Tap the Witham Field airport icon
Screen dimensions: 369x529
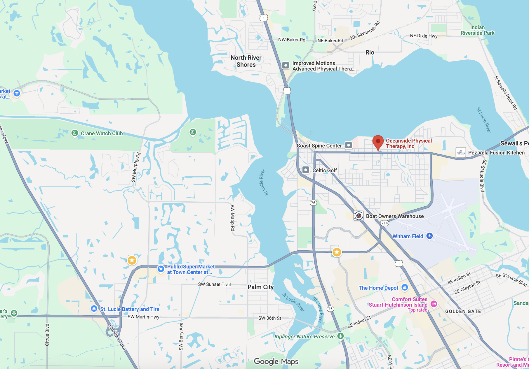[x=429, y=236]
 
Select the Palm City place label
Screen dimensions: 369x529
[x=260, y=287]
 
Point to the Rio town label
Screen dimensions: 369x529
[x=370, y=52]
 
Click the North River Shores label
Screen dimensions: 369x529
[x=246, y=61]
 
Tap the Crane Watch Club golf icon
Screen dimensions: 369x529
[x=75, y=133]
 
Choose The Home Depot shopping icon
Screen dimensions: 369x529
[x=405, y=287]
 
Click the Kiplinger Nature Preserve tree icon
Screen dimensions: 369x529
[x=340, y=336]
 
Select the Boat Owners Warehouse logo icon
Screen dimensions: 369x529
[x=359, y=216]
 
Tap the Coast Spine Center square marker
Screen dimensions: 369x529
[x=349, y=145]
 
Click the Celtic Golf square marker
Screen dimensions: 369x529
[x=306, y=170]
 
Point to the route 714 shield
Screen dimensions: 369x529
[x=384, y=223]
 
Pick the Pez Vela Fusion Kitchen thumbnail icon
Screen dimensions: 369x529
[x=461, y=152]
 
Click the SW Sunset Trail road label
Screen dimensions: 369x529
[x=214, y=284]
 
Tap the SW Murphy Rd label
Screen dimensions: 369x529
[x=136, y=167]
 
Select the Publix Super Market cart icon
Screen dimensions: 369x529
[x=161, y=269]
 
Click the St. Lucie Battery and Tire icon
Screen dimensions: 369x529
[x=94, y=308]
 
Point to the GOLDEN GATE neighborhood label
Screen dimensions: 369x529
[x=463, y=311]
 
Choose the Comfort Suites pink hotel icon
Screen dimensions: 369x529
[x=434, y=304]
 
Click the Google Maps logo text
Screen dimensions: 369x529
[x=276, y=361]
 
